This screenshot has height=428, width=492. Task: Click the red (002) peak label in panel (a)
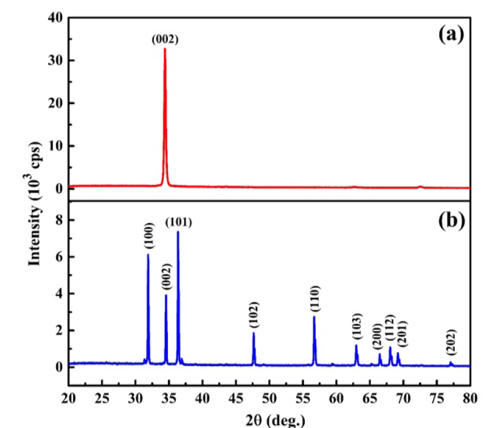tap(164, 40)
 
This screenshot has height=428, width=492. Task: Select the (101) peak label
tap(179, 223)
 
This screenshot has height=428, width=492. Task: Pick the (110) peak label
tap(314, 299)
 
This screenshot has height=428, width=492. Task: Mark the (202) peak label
tap(451, 344)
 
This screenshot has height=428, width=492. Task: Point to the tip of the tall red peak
tap(165, 49)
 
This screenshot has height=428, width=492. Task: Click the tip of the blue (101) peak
tap(178, 232)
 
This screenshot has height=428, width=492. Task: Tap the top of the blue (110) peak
tap(314, 316)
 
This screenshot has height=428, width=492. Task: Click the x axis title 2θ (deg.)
tap(271, 419)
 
